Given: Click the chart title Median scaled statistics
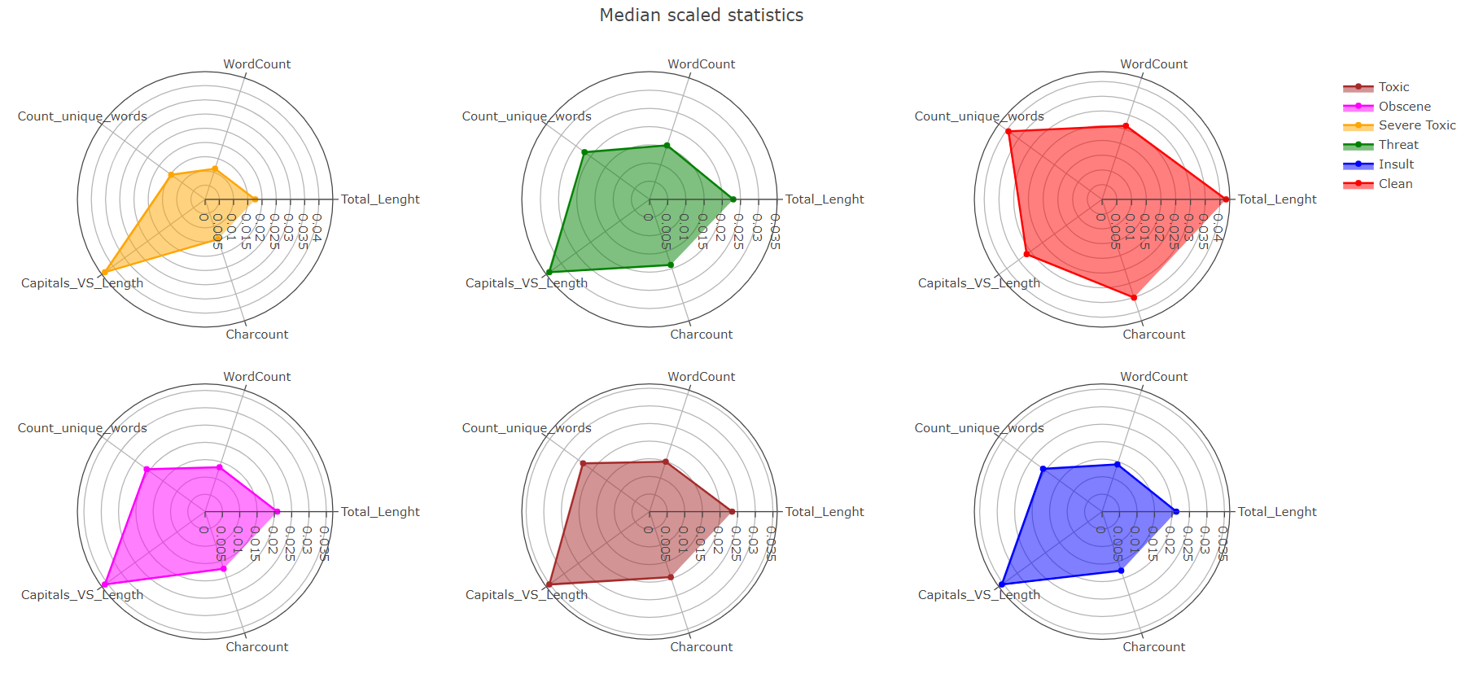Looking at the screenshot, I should [701, 15].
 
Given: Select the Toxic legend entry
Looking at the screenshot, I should [1393, 87].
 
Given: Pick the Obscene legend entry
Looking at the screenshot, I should [1404, 107].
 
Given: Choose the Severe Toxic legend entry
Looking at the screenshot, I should [1416, 125].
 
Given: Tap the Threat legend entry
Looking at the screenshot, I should [1398, 145].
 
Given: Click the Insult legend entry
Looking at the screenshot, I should [1396, 164].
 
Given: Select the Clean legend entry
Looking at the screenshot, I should [1395, 184].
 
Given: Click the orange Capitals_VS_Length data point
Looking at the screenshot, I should [105, 272].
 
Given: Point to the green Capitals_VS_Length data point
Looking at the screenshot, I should [549, 272].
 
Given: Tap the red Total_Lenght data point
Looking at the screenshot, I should [1226, 199].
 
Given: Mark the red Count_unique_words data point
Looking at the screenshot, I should [1008, 132].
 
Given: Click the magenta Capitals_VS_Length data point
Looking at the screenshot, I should [105, 584].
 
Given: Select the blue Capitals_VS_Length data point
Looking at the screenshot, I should [1002, 584].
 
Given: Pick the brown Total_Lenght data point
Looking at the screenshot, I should [733, 512].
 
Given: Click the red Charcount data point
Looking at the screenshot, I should [1134, 298].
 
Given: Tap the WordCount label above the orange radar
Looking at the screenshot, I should [256, 64].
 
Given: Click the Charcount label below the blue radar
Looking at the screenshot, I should [1153, 647].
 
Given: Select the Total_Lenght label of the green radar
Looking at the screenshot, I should [824, 199].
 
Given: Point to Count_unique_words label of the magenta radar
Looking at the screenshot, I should [82, 428].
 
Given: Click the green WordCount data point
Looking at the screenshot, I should [667, 146].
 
